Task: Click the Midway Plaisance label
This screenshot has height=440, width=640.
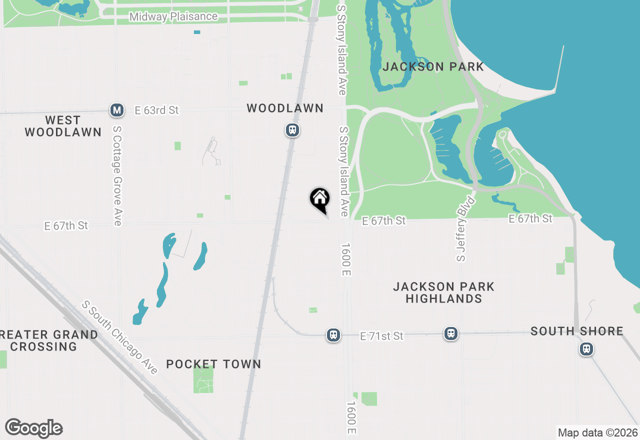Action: [x=173, y=16]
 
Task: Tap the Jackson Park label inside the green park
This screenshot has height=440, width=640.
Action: [x=433, y=66]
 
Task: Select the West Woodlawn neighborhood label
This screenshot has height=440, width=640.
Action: [x=63, y=126]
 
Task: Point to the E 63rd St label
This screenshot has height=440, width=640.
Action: [x=156, y=110]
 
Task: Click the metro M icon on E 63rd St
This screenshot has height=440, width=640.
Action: [x=117, y=110]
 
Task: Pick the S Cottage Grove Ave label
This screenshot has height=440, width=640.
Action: [x=117, y=175]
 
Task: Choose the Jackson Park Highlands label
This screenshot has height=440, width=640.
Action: [x=443, y=292]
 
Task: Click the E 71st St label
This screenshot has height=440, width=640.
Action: [x=381, y=336]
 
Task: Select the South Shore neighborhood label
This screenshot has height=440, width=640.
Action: [x=577, y=331]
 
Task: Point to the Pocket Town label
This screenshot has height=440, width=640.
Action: [x=213, y=364]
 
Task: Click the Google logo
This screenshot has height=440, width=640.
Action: [x=33, y=428]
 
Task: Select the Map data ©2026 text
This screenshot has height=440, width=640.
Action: [x=597, y=432]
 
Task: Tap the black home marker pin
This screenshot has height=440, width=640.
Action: [x=319, y=198]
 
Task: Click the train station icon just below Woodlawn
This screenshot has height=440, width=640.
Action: [x=292, y=130]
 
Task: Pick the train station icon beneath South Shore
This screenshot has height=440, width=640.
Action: [x=586, y=349]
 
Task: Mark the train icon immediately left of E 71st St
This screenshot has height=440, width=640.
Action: [x=333, y=335]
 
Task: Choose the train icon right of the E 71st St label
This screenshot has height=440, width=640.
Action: [x=451, y=333]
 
